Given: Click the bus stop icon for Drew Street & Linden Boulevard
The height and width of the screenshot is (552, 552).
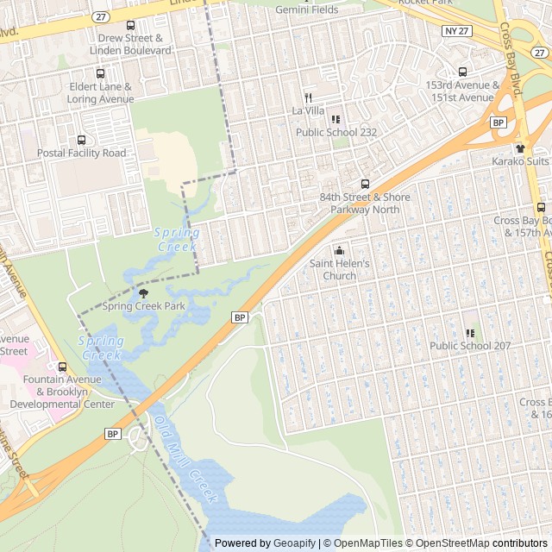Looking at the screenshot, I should [130, 26].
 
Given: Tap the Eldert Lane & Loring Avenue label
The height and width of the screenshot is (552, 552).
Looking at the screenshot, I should [99, 93].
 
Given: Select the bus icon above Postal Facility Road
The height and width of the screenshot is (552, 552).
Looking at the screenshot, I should [82, 140].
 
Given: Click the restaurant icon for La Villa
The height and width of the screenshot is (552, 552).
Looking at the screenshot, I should [308, 98].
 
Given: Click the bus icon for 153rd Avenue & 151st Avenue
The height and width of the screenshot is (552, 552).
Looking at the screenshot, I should [462, 72].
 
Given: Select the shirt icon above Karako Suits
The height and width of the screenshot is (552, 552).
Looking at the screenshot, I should [520, 148].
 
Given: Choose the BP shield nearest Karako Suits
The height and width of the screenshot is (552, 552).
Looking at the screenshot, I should [498, 123].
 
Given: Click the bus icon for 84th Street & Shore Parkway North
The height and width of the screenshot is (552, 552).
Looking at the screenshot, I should [365, 184].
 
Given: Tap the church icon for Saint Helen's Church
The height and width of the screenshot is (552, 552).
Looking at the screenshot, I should [339, 251].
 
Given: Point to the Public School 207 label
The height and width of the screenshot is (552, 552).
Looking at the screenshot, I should [470, 346].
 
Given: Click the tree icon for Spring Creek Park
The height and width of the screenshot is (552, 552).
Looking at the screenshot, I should [143, 293].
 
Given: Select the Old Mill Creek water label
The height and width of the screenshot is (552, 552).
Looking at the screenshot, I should [185, 461].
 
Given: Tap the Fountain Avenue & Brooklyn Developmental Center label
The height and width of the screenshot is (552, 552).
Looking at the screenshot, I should [68, 392].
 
